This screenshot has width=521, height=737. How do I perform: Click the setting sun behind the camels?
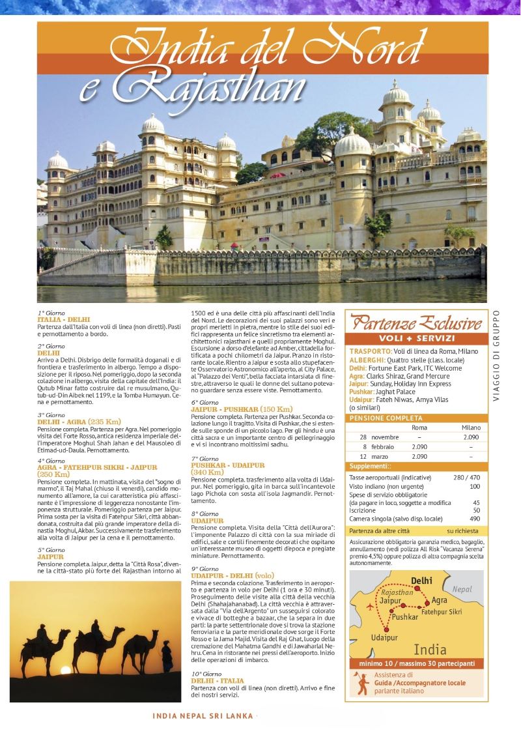[x=65, y=670]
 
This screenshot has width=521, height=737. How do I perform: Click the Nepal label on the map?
[x=462, y=590]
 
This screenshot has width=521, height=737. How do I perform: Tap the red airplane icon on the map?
[x=371, y=606]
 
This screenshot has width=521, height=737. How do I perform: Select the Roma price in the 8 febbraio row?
[x=419, y=446]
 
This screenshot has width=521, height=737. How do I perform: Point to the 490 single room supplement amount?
[x=474, y=519]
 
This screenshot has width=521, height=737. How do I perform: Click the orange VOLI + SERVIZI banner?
[x=417, y=338]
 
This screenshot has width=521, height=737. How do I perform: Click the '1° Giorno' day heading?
[x=51, y=313]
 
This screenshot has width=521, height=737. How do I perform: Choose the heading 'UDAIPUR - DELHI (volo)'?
[x=232, y=576]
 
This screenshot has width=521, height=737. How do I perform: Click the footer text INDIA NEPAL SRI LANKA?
[x=203, y=715]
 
